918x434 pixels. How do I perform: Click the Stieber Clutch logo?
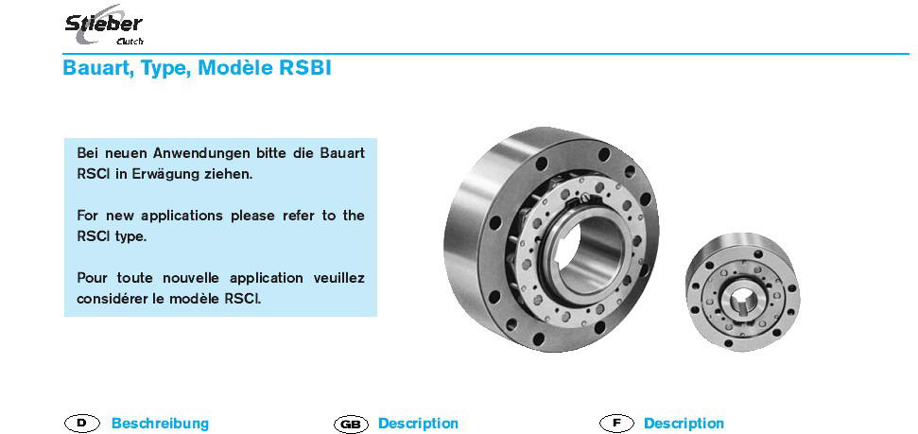(104, 26)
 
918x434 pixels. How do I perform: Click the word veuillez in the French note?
(339, 278)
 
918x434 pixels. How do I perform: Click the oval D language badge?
(82, 423)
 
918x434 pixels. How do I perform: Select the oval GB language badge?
(351, 424)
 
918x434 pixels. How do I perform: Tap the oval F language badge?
(616, 423)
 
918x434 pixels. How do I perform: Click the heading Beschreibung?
(160, 423)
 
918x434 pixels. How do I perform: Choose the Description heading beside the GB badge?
(418, 423)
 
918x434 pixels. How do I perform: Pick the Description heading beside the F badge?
(684, 423)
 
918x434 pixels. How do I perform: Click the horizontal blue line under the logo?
(485, 54)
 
